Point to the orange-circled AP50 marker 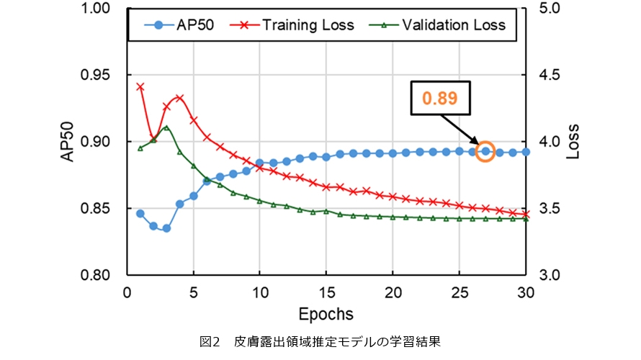[x=485, y=151]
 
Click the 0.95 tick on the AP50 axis [x=107, y=76]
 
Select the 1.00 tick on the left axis [x=107, y=9]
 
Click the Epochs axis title [x=326, y=314]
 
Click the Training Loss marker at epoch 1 [x=140, y=86]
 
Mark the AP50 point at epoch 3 [x=166, y=228]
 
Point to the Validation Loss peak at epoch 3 [x=166, y=128]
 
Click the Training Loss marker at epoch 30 [x=526, y=214]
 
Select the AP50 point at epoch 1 [x=140, y=214]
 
